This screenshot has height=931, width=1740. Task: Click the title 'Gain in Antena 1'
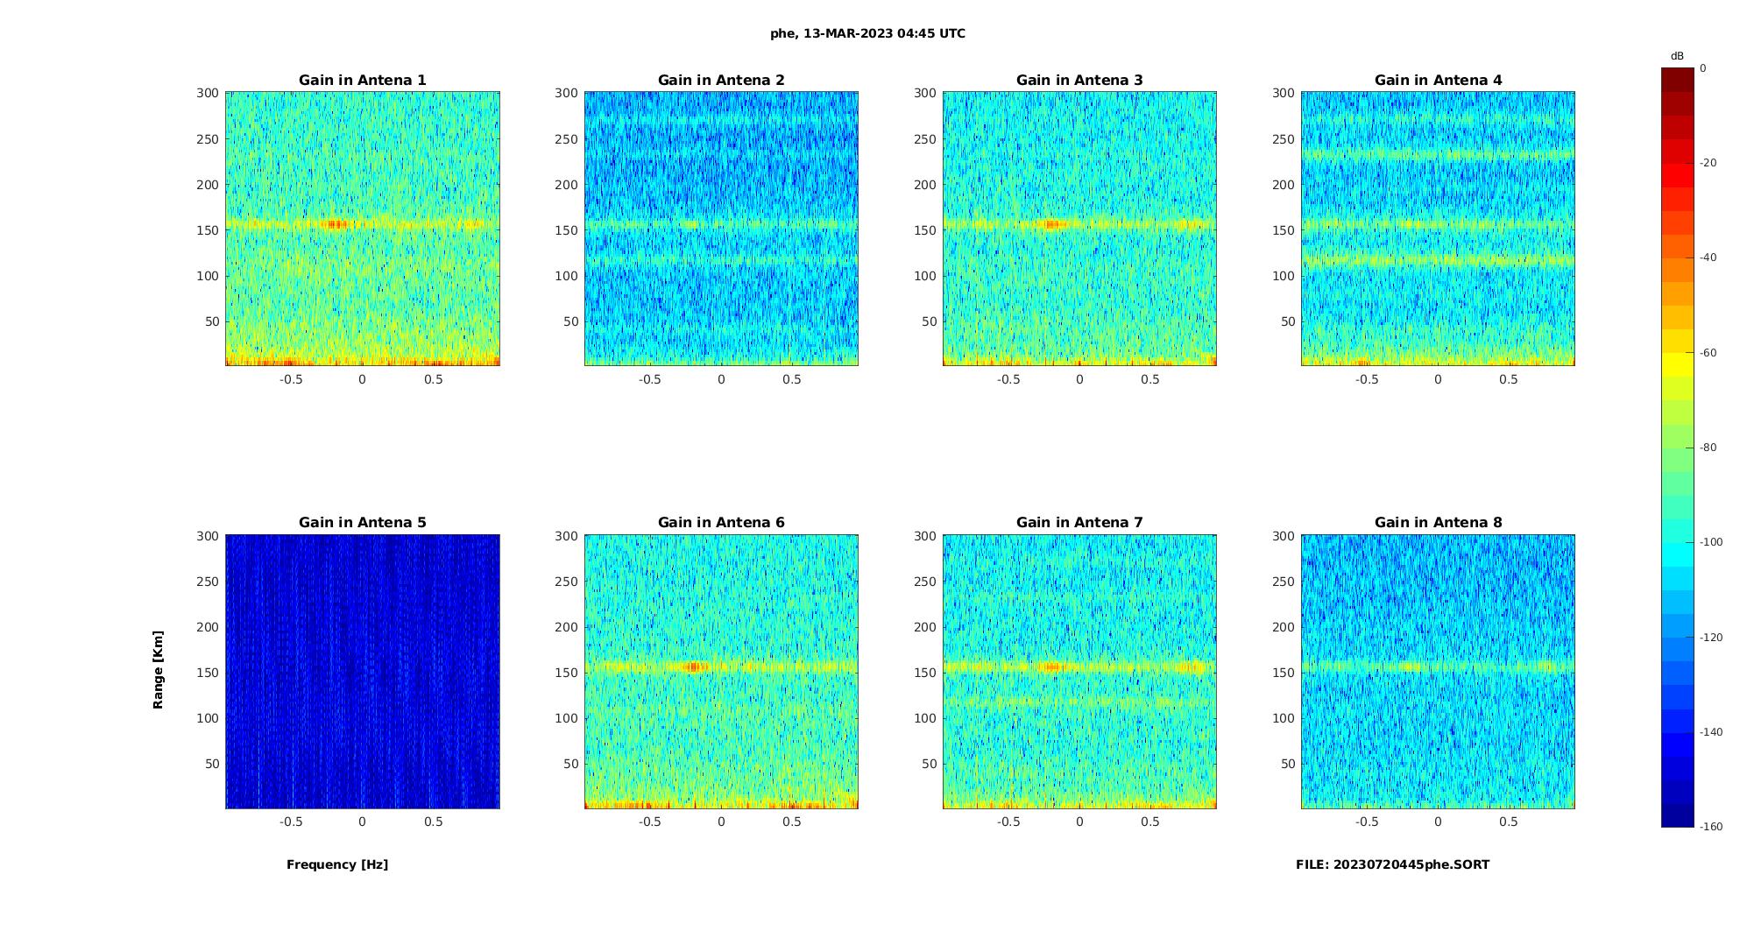362,80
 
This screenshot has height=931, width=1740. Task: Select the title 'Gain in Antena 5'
362,522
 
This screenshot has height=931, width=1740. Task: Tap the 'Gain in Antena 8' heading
1438,522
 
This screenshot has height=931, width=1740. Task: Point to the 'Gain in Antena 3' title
1079,80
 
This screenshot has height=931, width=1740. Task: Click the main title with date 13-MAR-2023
867,33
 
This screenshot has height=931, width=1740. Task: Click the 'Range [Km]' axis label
158,669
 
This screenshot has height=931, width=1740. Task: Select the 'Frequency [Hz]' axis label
337,864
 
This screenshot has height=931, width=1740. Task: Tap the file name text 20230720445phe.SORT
1392,864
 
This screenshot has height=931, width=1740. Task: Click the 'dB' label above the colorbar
1677,56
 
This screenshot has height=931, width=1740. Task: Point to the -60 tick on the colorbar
1708,353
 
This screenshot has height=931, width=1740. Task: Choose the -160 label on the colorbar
1711,827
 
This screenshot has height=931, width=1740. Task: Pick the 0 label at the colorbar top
1703,68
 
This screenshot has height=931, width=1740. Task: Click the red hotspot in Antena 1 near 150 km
335,224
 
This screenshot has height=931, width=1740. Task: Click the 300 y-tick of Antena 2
566,93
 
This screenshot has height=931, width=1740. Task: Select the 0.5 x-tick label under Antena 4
1508,379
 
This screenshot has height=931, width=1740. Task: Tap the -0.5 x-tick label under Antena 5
291,822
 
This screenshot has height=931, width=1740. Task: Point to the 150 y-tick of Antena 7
924,673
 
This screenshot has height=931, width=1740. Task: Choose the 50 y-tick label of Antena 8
1287,764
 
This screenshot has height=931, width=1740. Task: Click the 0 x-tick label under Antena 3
1079,379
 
